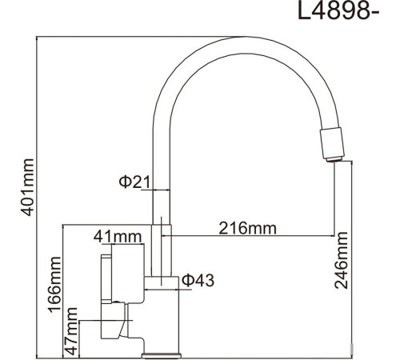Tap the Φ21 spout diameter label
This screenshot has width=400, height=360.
pyautogui.click(x=135, y=182)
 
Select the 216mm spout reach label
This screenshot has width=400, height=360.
pyautogui.click(x=246, y=228)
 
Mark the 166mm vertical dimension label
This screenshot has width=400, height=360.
pyautogui.click(x=55, y=286)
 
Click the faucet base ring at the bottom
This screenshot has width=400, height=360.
pyautogui.click(x=163, y=352)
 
